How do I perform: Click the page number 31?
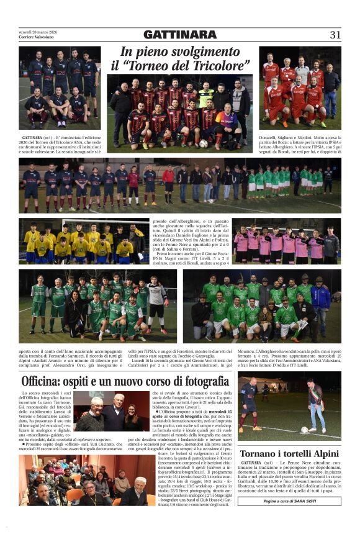(x=335, y=35)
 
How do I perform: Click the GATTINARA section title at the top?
(x=180, y=35)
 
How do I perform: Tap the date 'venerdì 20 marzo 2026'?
(x=38, y=32)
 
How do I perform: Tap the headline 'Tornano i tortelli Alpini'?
(x=289, y=453)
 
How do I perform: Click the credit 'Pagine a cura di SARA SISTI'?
(x=289, y=500)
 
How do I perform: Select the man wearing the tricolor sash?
(x=316, y=404)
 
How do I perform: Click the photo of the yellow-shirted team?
(x=83, y=240)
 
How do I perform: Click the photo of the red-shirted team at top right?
(x=300, y=90)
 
